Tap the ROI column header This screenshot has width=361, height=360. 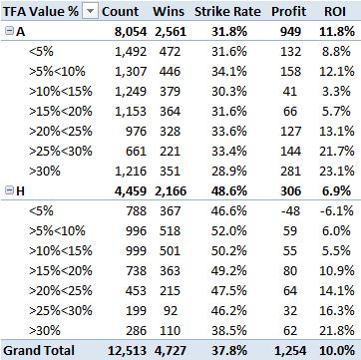335,12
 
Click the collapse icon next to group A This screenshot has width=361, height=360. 9,32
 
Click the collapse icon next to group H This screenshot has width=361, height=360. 9,190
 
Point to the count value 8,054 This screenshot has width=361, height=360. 131,32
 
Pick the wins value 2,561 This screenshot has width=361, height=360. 170,32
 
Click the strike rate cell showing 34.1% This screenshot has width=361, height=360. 229,72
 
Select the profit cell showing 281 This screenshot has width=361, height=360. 290,172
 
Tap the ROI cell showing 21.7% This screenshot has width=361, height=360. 336,152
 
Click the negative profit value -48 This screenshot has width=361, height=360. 290,211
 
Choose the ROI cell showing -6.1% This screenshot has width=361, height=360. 336,211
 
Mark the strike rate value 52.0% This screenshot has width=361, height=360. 229,231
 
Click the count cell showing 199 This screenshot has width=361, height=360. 136,311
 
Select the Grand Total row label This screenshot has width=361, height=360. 39,351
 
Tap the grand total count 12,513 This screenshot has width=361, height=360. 127,351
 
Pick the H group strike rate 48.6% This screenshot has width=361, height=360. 229,191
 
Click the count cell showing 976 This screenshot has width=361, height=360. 136,132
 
